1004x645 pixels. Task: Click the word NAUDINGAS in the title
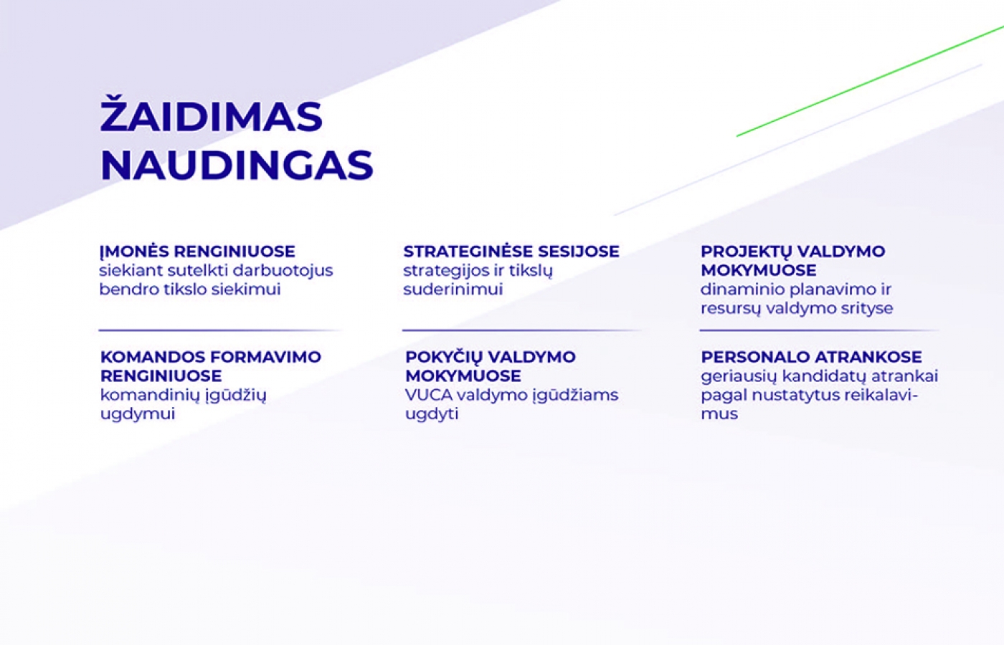coord(237,166)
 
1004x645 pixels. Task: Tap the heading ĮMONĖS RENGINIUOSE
coord(197,252)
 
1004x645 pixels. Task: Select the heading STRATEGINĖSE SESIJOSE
coord(511,252)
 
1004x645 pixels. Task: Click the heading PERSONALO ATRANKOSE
coord(811,357)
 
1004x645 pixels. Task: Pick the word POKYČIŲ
coord(443,357)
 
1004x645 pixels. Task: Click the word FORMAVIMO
coord(266,357)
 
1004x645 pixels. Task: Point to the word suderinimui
coord(453,290)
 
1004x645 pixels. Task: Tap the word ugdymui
coord(138,414)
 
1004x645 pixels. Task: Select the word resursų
coord(731,309)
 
